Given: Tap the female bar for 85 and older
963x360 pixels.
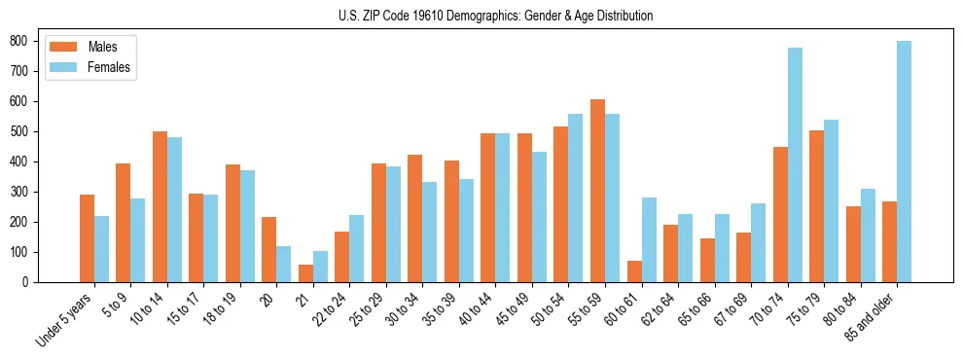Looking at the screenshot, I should [904, 162].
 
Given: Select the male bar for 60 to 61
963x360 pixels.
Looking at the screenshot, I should [634, 271].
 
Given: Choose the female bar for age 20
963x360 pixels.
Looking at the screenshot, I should [284, 264].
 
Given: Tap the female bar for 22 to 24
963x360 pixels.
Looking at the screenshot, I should [357, 248].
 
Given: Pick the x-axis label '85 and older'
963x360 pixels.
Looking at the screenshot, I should [870, 317].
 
